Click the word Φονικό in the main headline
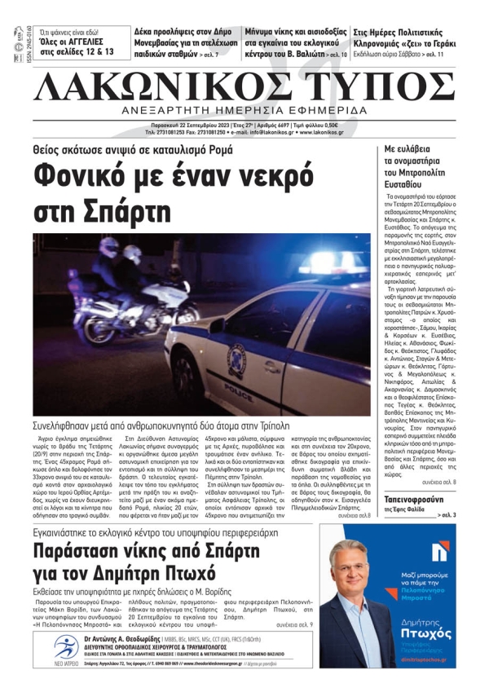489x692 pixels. (x=87, y=178)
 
